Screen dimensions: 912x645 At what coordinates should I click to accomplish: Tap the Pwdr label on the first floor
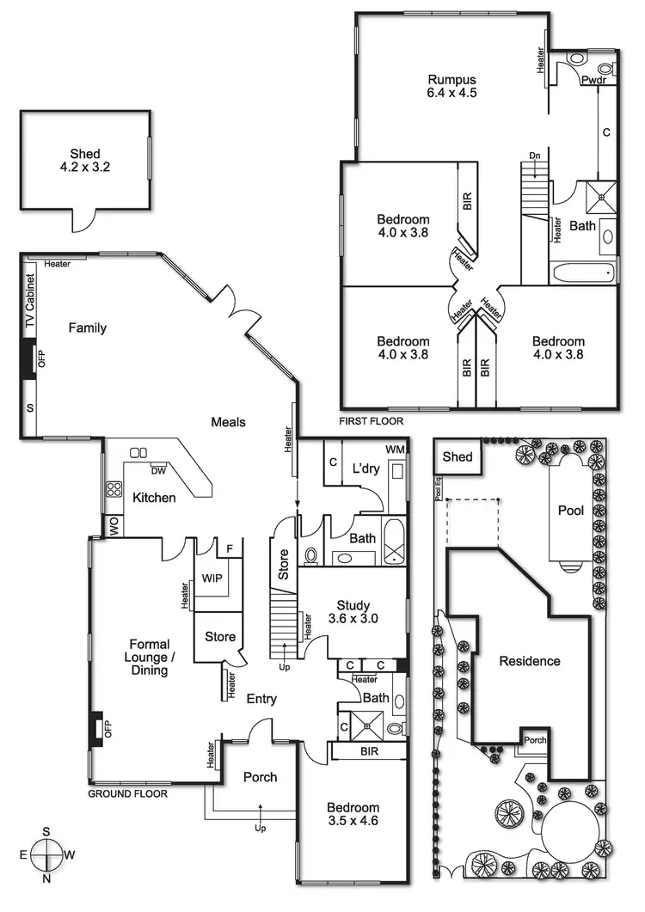click(x=593, y=80)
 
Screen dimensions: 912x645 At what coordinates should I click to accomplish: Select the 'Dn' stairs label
click(x=534, y=156)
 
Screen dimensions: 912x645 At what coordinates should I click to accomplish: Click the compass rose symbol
click(x=47, y=856)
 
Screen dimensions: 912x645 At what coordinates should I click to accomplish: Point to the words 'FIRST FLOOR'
click(x=371, y=422)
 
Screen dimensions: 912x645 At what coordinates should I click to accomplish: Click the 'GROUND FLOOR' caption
click(x=128, y=793)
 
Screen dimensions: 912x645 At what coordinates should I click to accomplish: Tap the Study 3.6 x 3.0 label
click(x=353, y=611)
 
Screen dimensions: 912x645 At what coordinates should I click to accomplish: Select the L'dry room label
click(x=366, y=469)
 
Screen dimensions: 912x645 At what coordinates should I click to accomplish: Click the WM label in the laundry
click(x=395, y=450)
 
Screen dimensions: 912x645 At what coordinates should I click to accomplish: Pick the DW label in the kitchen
click(x=158, y=470)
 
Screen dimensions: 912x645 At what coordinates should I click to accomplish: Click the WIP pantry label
click(x=212, y=578)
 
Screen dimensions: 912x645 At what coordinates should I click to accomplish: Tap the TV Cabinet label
click(x=29, y=302)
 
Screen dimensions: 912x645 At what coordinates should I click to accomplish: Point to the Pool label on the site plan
click(x=571, y=511)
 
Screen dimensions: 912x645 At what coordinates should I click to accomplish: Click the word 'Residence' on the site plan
click(x=530, y=661)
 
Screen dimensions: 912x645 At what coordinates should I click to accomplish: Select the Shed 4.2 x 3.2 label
click(x=85, y=160)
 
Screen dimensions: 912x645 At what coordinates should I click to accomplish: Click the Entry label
click(x=261, y=699)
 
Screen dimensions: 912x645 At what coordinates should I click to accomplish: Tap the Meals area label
click(x=229, y=421)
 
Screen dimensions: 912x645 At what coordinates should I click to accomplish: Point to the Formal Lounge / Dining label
click(x=150, y=657)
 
